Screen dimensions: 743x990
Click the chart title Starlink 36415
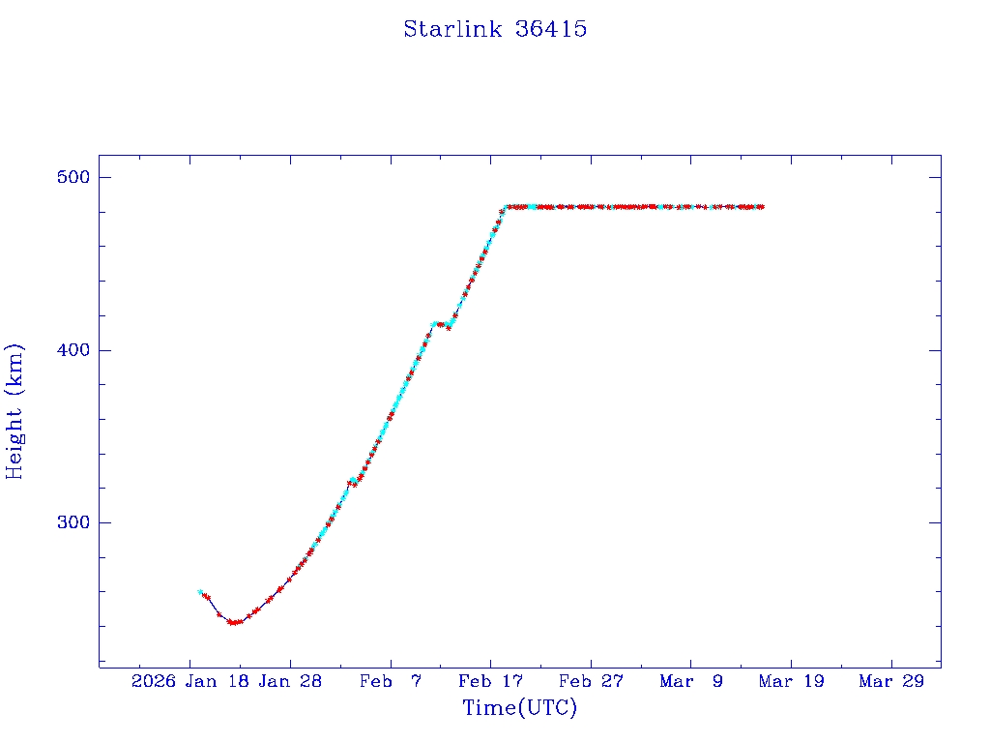coord(495,29)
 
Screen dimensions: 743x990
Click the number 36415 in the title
coord(551,29)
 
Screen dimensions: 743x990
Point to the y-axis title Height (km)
coord(15,411)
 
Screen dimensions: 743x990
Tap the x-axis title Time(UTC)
coord(519,708)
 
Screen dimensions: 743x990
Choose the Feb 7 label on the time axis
coord(390,682)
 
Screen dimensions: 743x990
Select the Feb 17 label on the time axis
coord(490,682)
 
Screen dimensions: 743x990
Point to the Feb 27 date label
coord(591,682)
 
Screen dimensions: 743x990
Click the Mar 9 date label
coord(690,682)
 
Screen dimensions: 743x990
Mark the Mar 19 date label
coord(791,682)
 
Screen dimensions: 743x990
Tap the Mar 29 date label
coord(891,682)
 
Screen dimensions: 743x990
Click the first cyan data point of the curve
coord(200,592)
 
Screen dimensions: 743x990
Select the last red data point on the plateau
coord(762,206)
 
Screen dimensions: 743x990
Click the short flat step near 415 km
coord(441,324)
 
